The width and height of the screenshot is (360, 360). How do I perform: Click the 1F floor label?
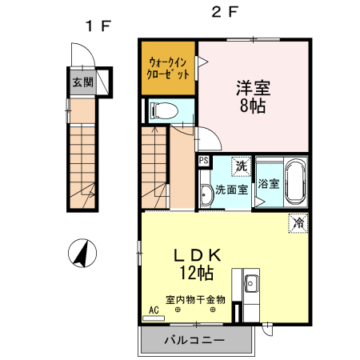tap(98, 26)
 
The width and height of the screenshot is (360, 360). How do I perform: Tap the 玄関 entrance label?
tap(82, 82)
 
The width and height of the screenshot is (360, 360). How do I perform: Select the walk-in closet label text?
tap(168, 67)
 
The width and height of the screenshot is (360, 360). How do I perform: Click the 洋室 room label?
tap(252, 87)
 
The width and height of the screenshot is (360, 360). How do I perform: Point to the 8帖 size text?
tap(252, 105)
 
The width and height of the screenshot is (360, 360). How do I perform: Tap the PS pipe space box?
tap(204, 161)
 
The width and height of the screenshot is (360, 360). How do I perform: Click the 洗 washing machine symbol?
tap(240, 166)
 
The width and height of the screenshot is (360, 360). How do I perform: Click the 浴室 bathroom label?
tap(269, 183)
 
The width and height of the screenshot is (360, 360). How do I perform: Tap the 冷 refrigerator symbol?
tap(296, 222)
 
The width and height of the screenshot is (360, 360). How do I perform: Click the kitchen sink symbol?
tap(251, 283)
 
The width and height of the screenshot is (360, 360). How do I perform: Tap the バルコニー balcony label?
tap(194, 340)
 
